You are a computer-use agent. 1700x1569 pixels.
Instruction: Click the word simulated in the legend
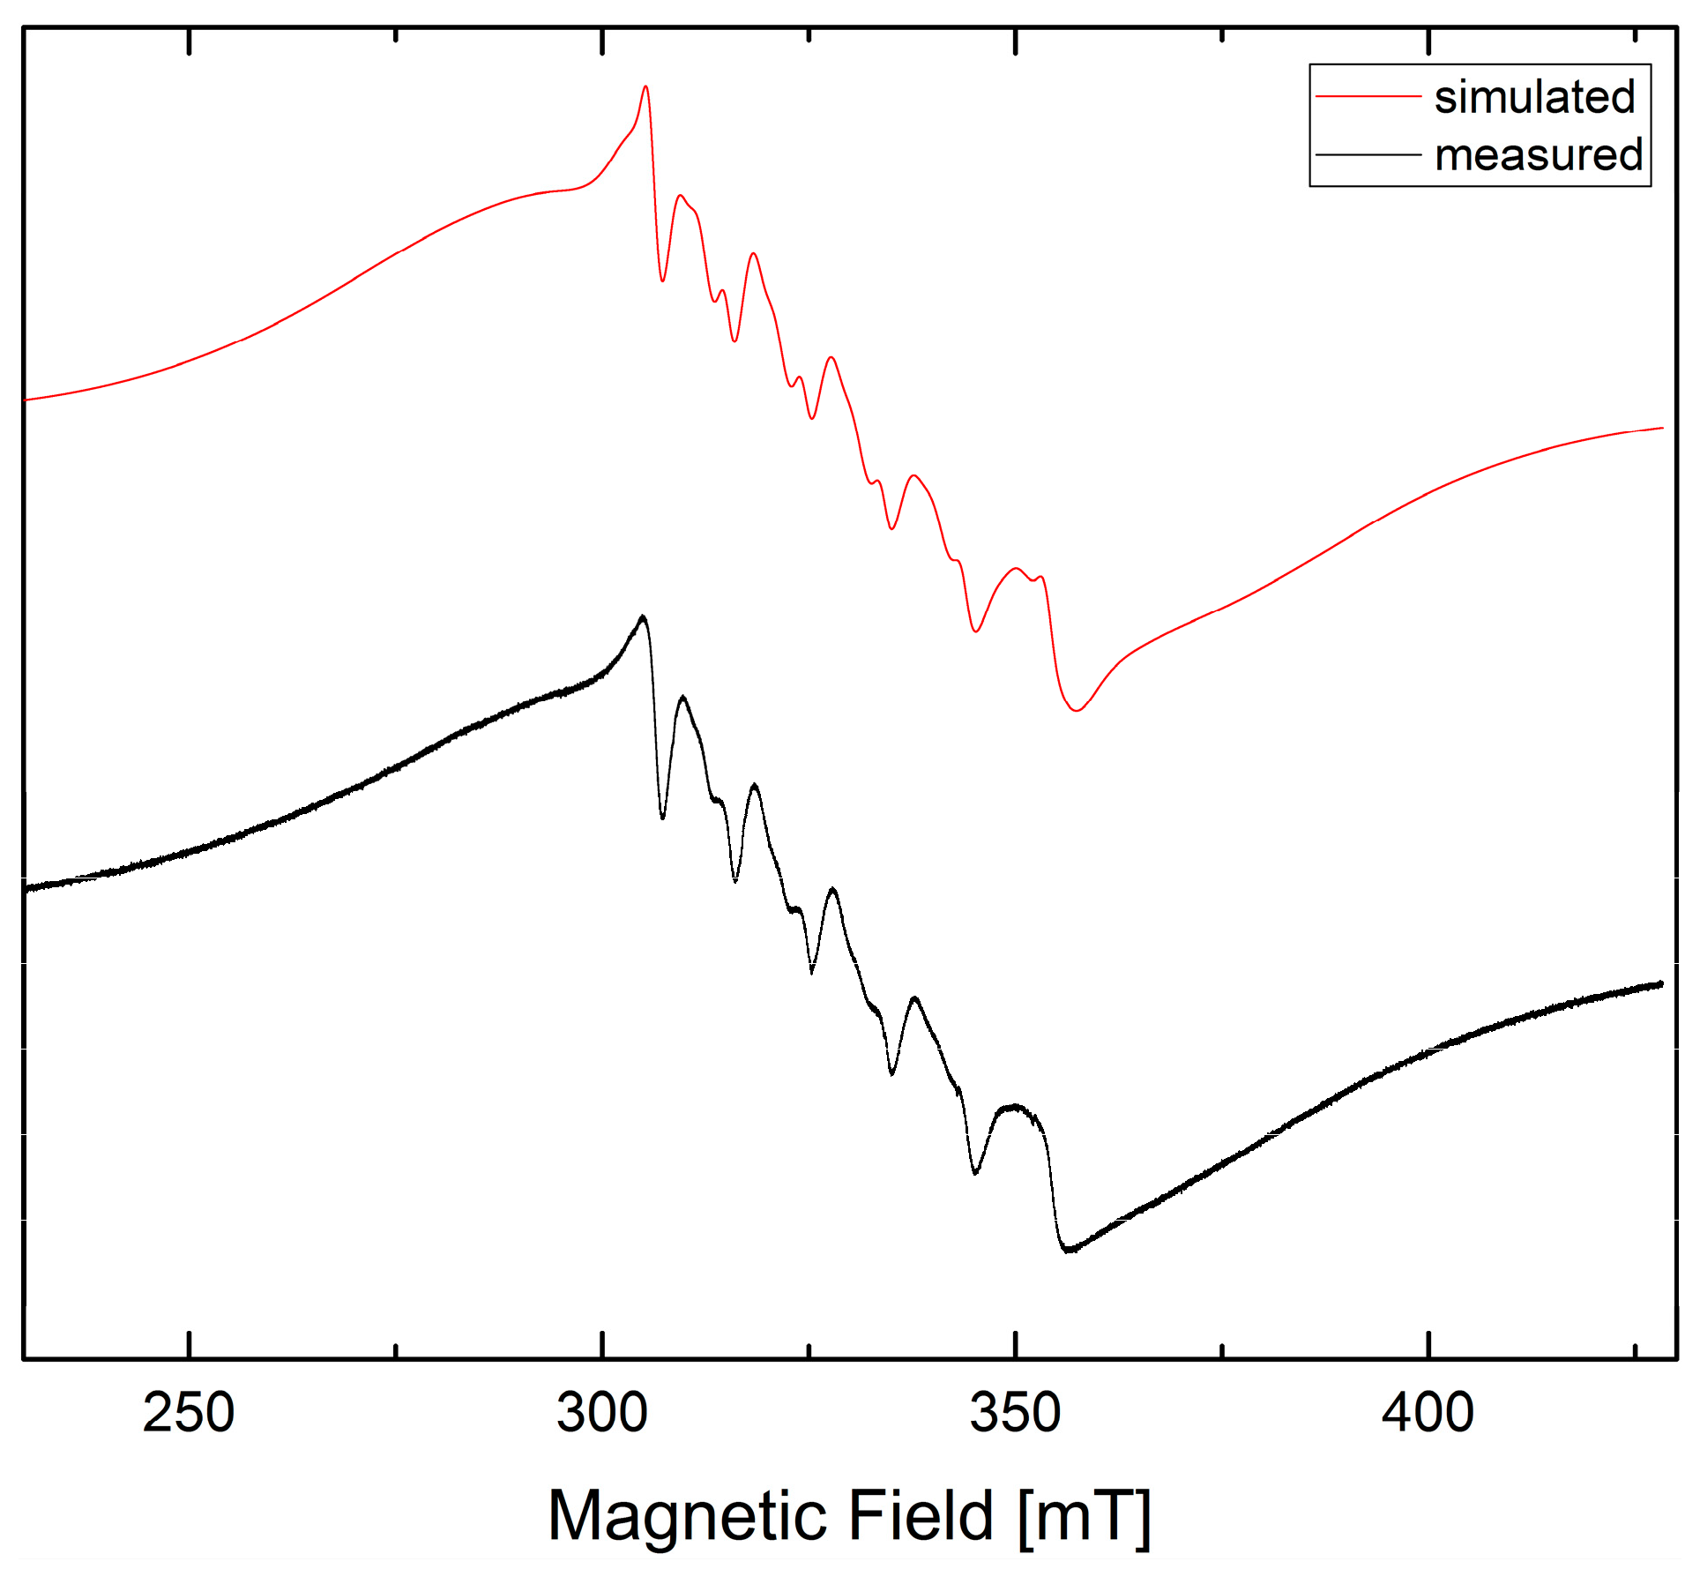pyautogui.click(x=1534, y=96)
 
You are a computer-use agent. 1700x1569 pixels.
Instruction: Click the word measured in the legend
pyautogui.click(x=1539, y=155)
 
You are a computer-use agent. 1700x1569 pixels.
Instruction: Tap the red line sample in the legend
pyautogui.click(x=1368, y=95)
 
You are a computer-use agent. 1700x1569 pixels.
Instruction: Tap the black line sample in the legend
pyautogui.click(x=1368, y=154)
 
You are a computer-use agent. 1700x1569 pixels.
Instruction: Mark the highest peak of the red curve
pyautogui.click(x=645, y=86)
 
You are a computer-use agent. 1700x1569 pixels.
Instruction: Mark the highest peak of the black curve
pyautogui.click(x=643, y=616)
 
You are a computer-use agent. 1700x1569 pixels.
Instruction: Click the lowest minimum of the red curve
pyautogui.click(x=1077, y=710)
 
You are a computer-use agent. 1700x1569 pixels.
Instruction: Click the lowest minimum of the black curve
pyautogui.click(x=1069, y=1250)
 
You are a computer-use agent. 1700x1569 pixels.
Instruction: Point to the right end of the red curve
pyautogui.click(x=1662, y=428)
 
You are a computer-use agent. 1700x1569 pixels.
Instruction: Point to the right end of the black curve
pyautogui.click(x=1661, y=983)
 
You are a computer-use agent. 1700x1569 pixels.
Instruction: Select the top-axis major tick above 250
pyautogui.click(x=189, y=41)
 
